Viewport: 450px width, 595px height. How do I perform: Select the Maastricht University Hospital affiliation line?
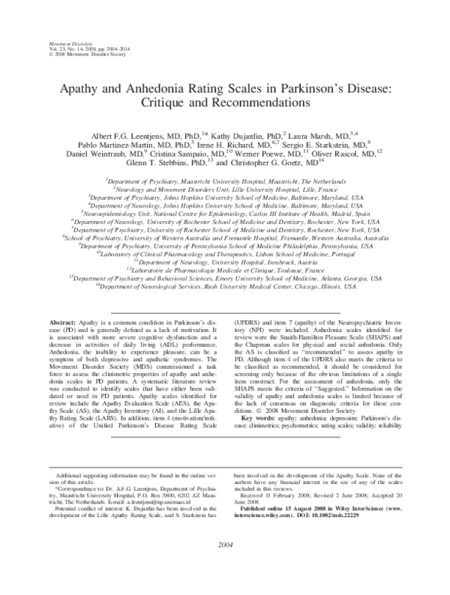225,181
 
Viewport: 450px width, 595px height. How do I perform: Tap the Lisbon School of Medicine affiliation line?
225,254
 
